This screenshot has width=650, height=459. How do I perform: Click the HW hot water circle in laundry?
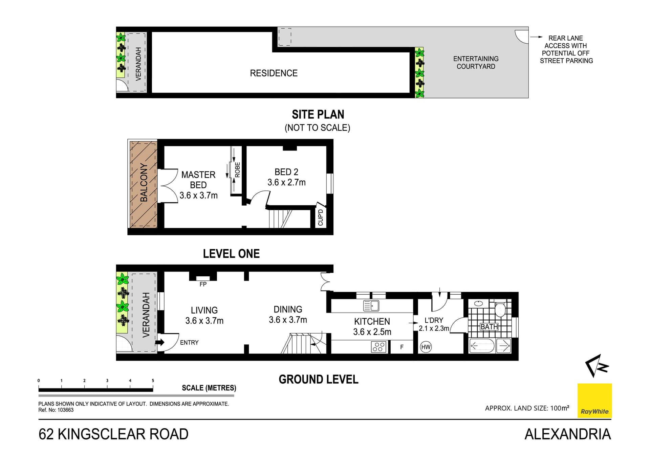(x=426, y=347)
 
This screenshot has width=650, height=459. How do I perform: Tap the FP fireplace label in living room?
(x=203, y=284)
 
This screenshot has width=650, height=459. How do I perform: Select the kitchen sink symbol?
(x=371, y=305)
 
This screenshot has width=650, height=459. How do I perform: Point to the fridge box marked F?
(x=402, y=347)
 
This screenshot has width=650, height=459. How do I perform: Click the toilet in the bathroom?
(x=500, y=309)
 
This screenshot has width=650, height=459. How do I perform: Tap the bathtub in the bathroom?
(x=482, y=346)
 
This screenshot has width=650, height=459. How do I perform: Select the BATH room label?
(x=489, y=327)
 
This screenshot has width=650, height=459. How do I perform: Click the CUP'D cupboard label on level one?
(x=321, y=217)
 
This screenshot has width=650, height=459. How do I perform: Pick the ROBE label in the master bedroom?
(x=237, y=170)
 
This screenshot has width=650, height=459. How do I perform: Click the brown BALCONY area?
(x=144, y=184)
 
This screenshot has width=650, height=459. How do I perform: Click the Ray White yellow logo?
(x=594, y=400)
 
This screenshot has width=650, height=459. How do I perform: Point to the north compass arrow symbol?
(x=597, y=366)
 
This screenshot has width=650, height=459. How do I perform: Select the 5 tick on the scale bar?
(x=153, y=381)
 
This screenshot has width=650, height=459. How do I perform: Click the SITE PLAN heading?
(x=318, y=115)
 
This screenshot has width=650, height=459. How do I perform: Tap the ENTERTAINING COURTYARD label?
(x=476, y=63)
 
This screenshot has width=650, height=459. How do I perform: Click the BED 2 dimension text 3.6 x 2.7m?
(x=286, y=182)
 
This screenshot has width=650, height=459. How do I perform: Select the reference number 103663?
(x=65, y=410)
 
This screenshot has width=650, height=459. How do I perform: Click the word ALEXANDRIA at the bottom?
(x=568, y=434)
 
